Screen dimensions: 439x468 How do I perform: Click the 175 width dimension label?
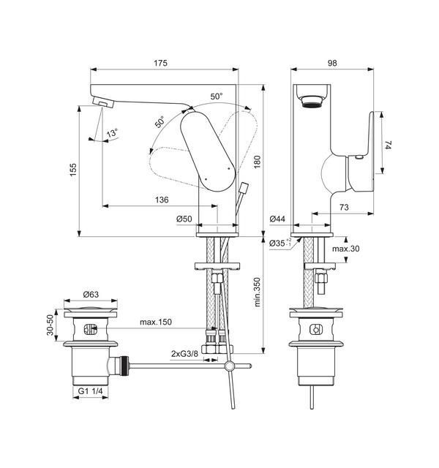[x=161, y=63]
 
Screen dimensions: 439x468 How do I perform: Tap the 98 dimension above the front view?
[x=332, y=63]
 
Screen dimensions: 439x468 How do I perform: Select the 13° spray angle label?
[x=112, y=133]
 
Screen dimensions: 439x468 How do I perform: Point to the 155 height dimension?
[x=73, y=170]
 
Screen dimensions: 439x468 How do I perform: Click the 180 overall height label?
[x=257, y=162]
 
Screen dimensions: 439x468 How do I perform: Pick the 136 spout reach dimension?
[x=162, y=200]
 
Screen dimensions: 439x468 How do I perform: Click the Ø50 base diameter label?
[x=184, y=219]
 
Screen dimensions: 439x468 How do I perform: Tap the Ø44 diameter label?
[x=277, y=219]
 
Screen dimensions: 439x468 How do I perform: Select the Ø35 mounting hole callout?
[x=280, y=243]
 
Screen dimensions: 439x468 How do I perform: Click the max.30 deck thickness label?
[x=346, y=249]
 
